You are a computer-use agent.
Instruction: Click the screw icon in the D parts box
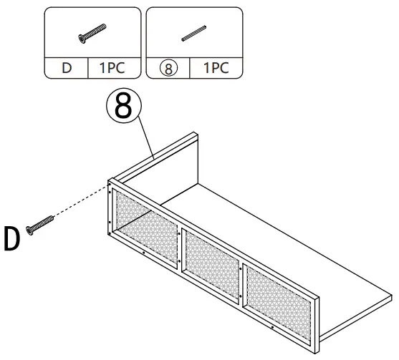point(92,32)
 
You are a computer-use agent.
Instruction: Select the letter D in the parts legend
point(67,69)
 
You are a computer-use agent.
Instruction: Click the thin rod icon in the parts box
point(193,34)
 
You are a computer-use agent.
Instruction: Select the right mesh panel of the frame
point(277,293)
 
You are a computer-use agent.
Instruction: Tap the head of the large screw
point(29,228)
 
